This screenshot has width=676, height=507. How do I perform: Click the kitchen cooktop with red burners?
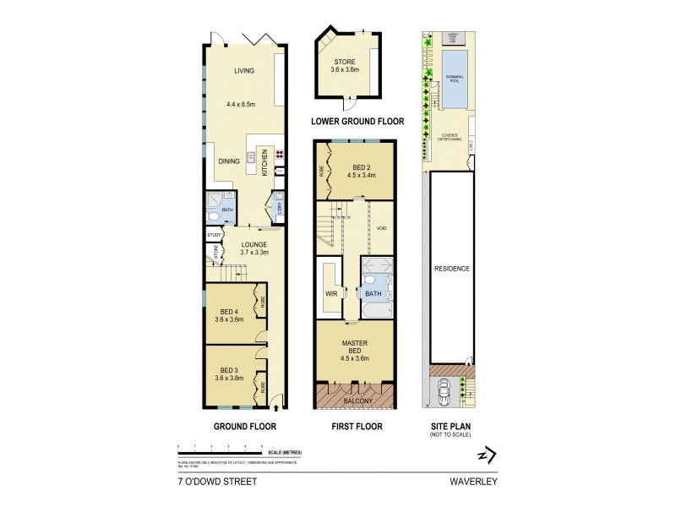[x=279, y=155]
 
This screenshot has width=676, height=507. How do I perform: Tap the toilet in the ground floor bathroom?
[x=213, y=200]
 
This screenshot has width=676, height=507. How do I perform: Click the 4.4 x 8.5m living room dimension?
[x=241, y=104]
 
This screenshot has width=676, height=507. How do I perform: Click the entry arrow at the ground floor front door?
[x=275, y=409]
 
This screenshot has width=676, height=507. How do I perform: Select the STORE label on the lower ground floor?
[x=345, y=61]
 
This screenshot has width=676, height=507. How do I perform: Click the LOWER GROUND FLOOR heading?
[x=357, y=122]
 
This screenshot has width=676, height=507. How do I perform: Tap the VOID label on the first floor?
[x=381, y=227]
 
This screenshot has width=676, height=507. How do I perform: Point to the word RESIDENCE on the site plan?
[x=452, y=268]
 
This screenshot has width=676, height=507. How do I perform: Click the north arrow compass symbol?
[x=483, y=455]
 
